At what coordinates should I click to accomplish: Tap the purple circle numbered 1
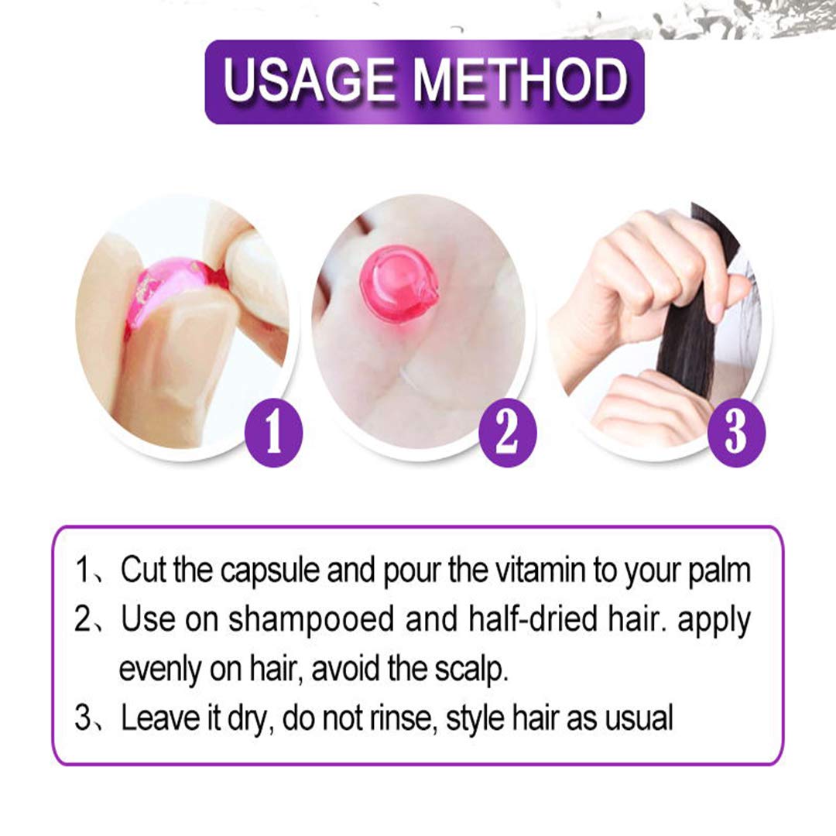coord(273,437)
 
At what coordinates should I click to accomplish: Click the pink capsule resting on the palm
coord(399,284)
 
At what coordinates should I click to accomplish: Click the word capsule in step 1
coord(271,570)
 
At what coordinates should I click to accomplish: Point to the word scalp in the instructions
coord(469,670)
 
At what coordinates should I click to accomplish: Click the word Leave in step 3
coord(158,719)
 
